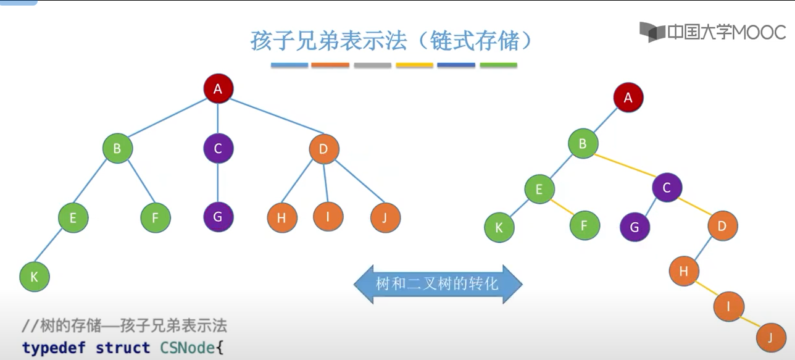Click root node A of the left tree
[217, 90]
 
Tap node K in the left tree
[35, 277]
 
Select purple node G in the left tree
[218, 217]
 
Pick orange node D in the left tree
[323, 149]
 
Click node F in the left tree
[155, 217]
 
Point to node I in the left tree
[328, 216]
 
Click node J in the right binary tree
[770, 338]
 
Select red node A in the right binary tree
[628, 98]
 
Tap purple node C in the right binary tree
[667, 187]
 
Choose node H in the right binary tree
[684, 270]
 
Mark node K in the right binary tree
[499, 227]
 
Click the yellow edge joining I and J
[749, 321]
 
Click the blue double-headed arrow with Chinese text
[438, 284]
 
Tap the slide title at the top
[391, 41]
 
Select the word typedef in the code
[55, 348]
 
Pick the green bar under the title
[498, 65]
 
